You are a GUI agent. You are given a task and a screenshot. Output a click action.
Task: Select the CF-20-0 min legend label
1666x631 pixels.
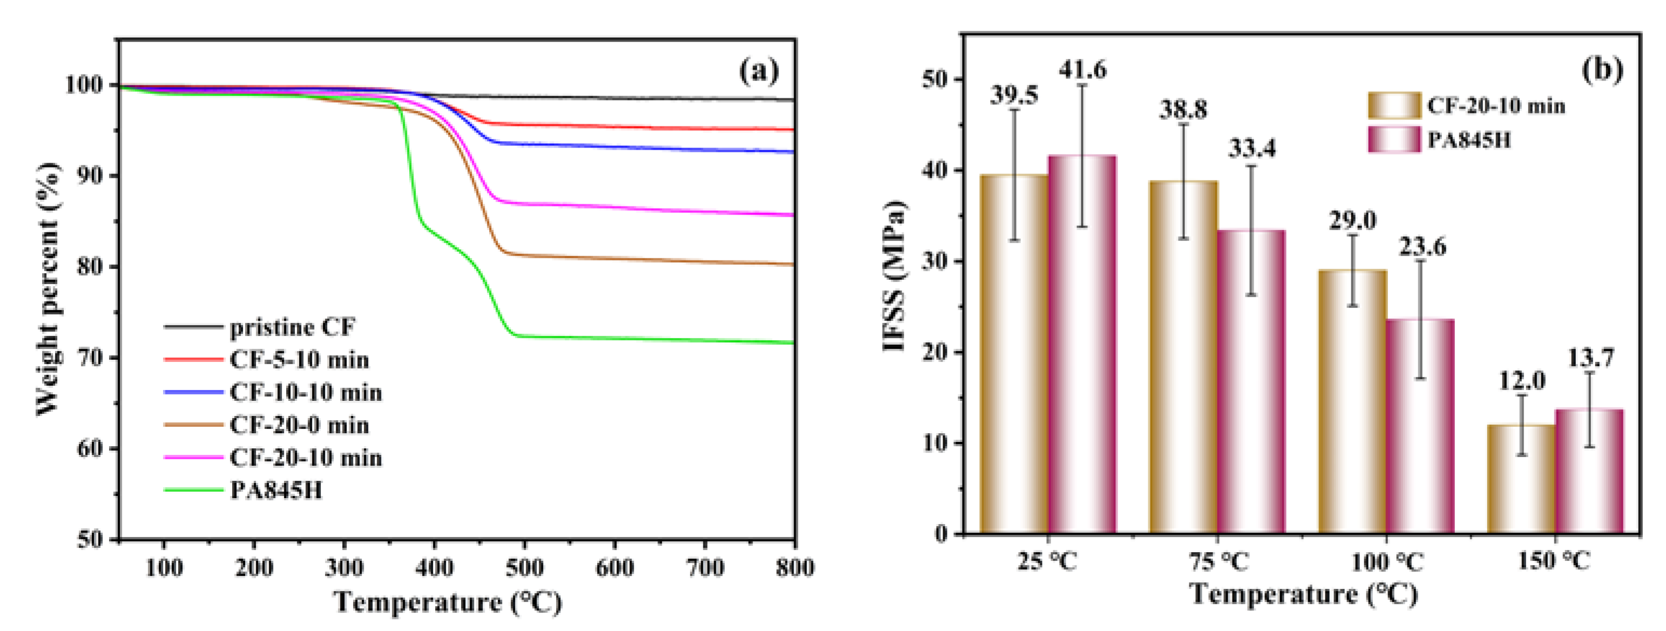pos(299,425)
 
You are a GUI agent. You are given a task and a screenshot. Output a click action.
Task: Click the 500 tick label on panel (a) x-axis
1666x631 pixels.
pos(524,568)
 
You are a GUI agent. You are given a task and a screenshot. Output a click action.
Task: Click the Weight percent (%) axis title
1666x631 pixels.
pos(49,289)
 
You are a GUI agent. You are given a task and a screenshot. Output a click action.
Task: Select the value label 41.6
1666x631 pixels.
pos(1082,69)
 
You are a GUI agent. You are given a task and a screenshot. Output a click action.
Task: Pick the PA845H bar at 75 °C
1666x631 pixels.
pos(1251,382)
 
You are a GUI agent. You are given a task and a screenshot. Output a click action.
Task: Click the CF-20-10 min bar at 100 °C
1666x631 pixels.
pos(1352,401)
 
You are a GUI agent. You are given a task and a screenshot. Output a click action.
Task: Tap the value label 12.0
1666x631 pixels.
pos(1522,380)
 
